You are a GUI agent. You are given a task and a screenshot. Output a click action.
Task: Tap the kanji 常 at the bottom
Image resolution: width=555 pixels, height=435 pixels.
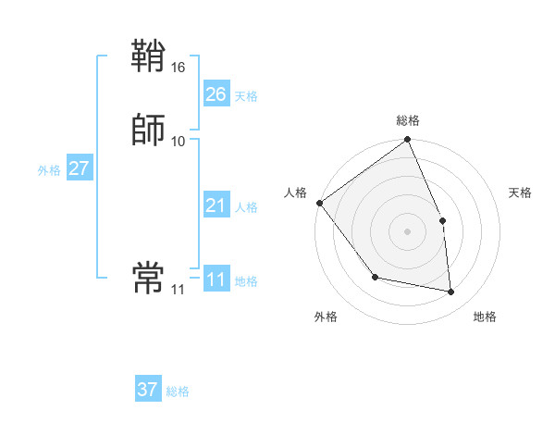tap(148, 277)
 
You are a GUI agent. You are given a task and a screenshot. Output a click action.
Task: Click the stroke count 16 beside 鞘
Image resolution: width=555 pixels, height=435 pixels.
tap(179, 68)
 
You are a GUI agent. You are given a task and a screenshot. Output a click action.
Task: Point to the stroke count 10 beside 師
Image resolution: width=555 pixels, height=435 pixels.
tap(179, 141)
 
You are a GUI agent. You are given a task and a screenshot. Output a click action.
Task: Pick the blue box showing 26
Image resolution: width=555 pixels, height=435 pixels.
tap(216, 94)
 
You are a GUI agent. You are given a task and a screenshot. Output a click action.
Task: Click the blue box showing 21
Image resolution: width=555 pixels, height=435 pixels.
tap(216, 205)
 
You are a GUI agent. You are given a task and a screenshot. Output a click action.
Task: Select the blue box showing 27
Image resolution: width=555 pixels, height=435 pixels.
tap(79, 168)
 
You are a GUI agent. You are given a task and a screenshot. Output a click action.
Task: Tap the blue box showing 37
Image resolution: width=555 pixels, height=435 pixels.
tap(148, 390)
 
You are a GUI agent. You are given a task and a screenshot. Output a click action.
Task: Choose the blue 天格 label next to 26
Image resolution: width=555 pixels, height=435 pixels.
tap(246, 96)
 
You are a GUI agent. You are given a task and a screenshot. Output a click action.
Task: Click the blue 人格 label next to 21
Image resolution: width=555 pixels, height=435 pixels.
tap(246, 207)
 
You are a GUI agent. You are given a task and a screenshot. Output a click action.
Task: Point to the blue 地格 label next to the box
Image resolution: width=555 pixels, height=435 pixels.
tap(246, 281)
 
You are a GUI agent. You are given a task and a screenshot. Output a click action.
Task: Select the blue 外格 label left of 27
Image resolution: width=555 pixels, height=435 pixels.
tap(49, 170)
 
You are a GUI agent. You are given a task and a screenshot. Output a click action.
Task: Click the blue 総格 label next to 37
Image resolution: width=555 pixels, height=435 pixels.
tap(178, 391)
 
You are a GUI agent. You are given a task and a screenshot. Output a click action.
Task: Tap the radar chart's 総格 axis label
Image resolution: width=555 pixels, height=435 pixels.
tap(408, 120)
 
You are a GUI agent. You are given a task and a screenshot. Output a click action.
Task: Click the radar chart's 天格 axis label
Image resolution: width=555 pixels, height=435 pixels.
tap(521, 193)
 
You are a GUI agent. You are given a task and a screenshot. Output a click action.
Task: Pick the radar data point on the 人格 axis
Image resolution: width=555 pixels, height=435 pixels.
tap(319, 203)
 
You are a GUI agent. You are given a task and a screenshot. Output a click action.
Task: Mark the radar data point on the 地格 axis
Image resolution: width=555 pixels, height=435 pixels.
tap(451, 292)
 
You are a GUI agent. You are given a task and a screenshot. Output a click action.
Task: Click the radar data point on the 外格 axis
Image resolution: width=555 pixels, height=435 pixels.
tap(375, 277)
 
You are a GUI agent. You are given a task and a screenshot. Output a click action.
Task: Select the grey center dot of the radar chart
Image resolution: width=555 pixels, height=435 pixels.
tap(408, 231)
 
